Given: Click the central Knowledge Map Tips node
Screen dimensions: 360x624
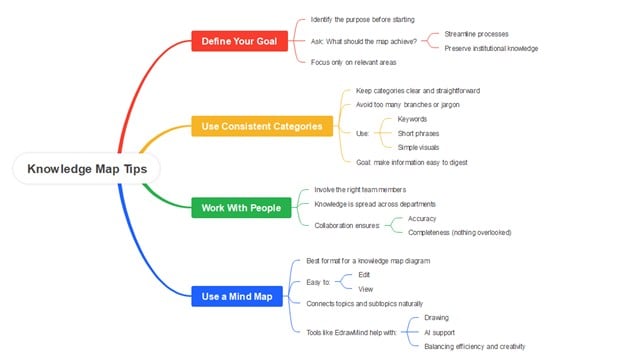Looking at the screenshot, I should click(86, 169).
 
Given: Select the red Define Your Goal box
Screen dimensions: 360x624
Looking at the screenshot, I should click(240, 41).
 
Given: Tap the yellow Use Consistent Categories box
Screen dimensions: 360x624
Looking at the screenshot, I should click(262, 126).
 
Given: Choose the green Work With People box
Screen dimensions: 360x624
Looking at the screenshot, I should click(241, 208).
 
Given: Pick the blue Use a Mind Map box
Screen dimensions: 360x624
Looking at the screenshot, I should click(236, 295).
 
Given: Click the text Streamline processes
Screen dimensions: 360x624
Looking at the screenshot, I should click(476, 34).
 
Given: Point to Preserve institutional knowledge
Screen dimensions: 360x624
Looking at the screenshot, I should click(491, 48).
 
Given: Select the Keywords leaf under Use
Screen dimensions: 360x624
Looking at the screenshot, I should click(412, 119).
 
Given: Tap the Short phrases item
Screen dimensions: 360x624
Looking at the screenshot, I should click(418, 133).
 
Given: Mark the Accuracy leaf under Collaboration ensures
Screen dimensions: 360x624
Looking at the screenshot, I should click(422, 218).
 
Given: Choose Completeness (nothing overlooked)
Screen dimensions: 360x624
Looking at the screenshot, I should click(459, 232).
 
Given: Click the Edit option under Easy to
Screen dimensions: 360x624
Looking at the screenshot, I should click(364, 274).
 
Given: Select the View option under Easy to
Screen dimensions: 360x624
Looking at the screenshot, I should click(365, 288).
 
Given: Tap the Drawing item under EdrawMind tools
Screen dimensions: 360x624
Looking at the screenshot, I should click(437, 317).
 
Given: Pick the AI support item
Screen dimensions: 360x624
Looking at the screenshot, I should click(440, 331).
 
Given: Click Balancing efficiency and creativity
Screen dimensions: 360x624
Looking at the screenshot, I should click(474, 345).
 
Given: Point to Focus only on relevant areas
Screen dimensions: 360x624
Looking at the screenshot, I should click(353, 62).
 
